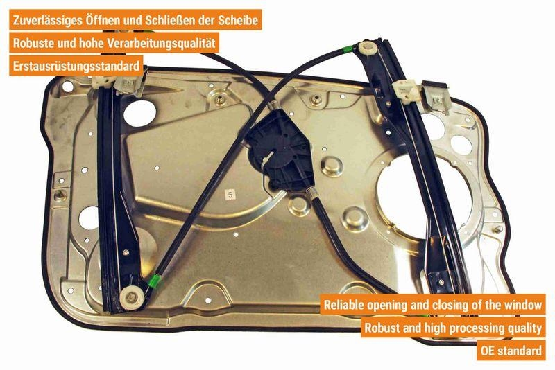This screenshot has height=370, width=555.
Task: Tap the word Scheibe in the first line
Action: point(239,21)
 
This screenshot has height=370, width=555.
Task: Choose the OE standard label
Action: point(511,351)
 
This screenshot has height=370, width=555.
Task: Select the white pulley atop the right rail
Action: point(366,49)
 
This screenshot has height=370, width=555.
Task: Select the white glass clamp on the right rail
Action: point(404,89)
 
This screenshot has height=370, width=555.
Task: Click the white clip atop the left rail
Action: point(128,82)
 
